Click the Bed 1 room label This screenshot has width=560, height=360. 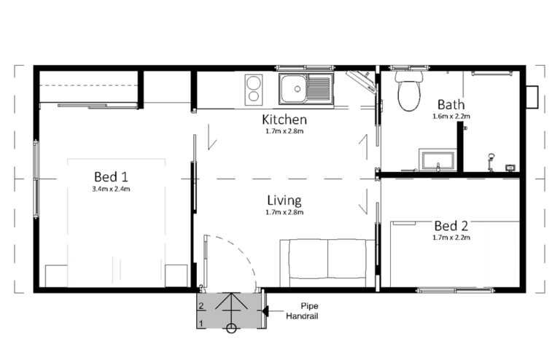coord(111,176)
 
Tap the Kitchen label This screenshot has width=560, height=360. coord(284,120)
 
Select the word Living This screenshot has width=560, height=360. coord(284,200)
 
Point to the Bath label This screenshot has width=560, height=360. coord(451,104)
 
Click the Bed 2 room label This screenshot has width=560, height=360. coord(451,226)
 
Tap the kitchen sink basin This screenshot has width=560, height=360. coord(293,89)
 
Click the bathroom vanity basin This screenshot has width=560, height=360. coord(437,161)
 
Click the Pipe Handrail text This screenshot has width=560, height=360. coord(302,310)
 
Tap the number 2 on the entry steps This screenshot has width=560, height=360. coord(201,306)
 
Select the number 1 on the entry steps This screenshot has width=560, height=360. coord(201,324)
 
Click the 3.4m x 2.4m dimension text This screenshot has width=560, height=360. coord(111,189)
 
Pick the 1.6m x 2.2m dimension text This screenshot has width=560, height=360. coord(451,117)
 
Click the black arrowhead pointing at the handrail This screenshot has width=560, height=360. coord(265,311)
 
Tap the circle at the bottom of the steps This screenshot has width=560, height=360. coord(231,328)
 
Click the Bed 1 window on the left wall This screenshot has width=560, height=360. coord(36,179)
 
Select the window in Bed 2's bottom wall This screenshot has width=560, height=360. coord(456,291)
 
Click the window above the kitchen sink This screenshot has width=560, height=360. coord(305,68)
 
